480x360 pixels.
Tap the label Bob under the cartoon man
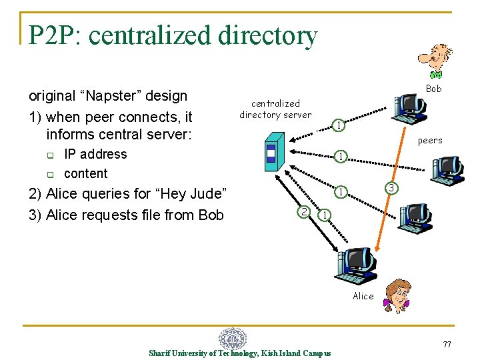coord(433,89)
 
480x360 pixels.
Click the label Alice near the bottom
coord(363,296)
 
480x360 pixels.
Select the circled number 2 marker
coord(303,212)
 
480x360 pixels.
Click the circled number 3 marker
coord(393,189)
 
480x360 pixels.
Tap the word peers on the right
coord(430,140)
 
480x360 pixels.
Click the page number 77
coord(447,344)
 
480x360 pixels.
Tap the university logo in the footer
coord(233,338)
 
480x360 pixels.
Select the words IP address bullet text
coord(95,154)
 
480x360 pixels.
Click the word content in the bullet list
coord(85,173)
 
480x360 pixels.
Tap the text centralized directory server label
coord(275,109)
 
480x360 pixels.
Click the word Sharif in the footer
coord(161,353)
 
